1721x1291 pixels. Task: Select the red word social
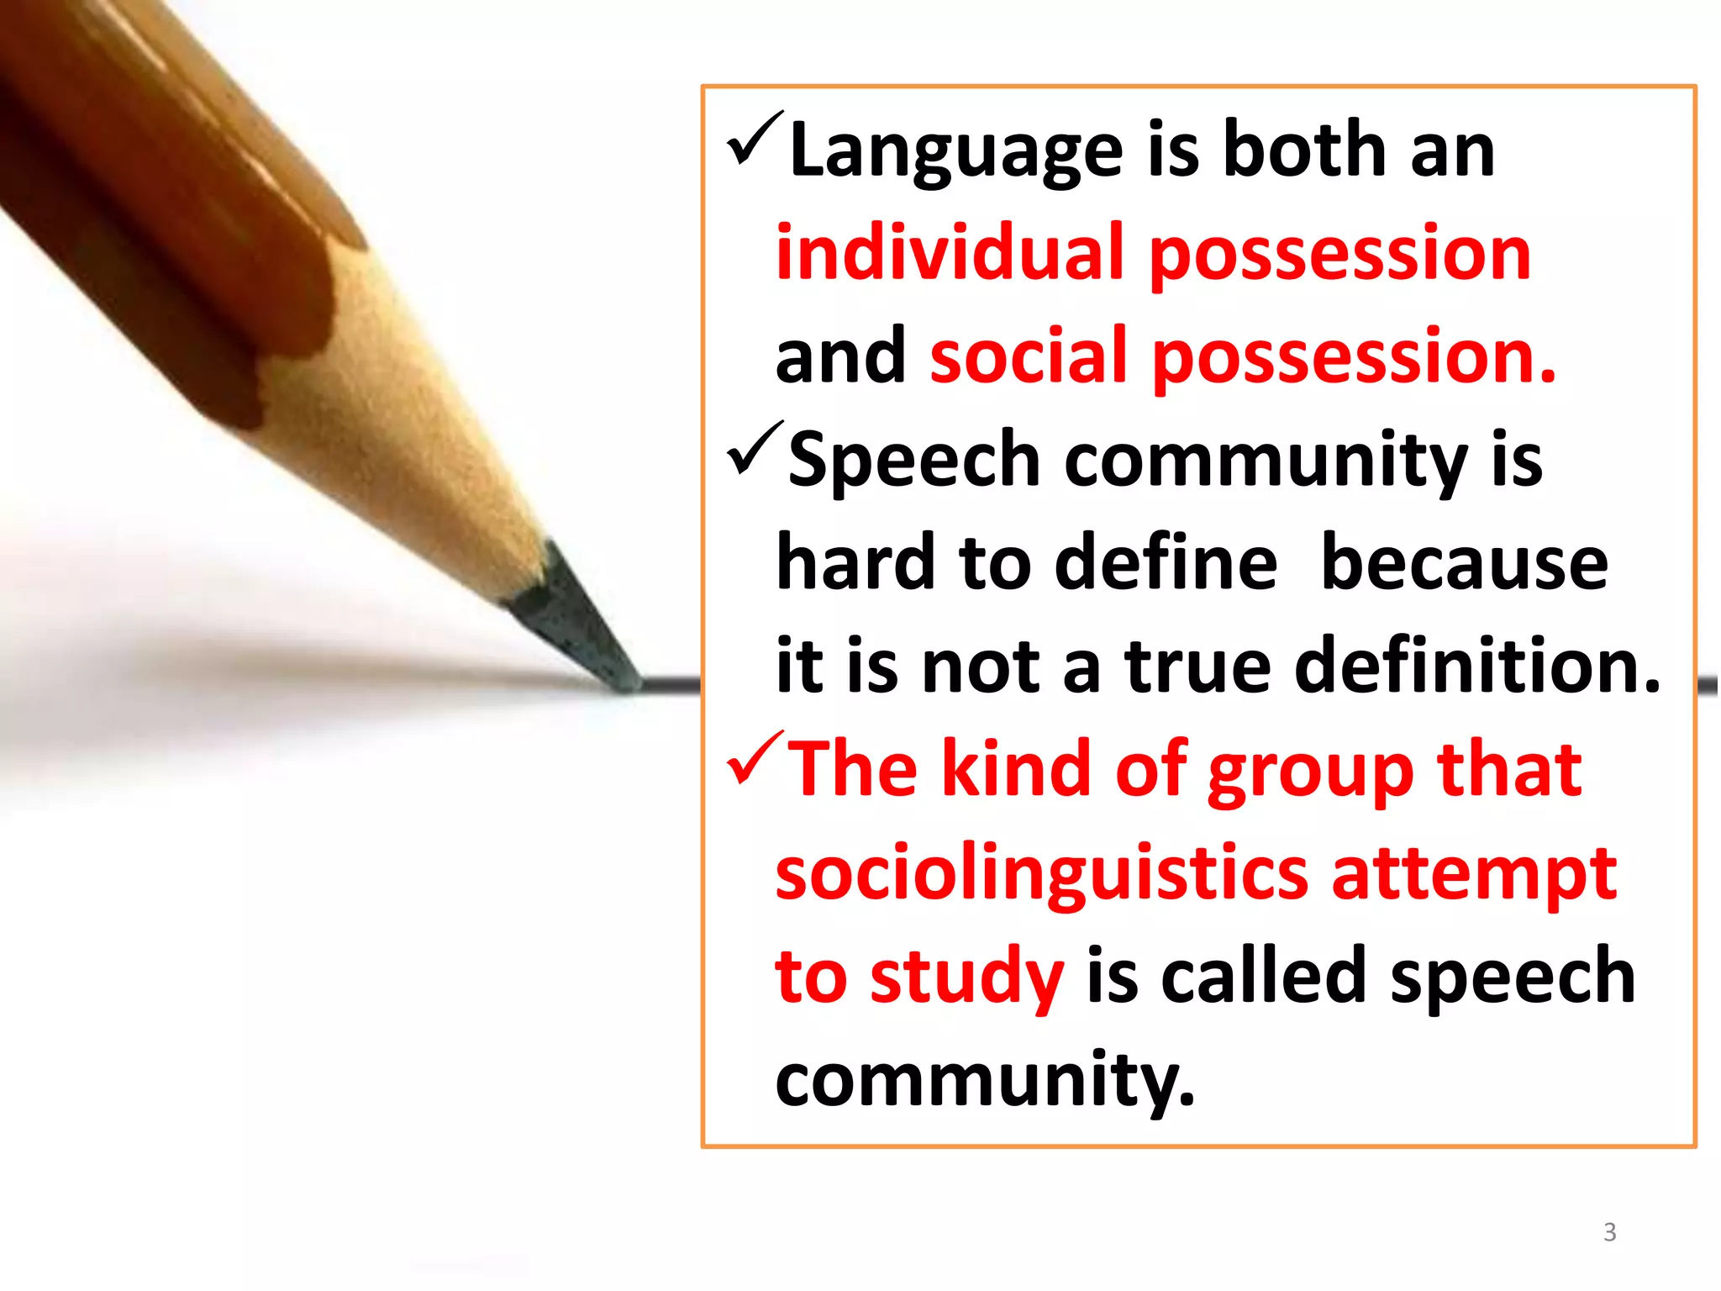pyautogui.click(x=1027, y=356)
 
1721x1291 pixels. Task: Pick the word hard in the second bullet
pyautogui.click(x=855, y=563)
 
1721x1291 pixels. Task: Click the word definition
pyautogui.click(x=1477, y=666)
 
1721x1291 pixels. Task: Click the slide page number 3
pyautogui.click(x=1609, y=1232)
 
